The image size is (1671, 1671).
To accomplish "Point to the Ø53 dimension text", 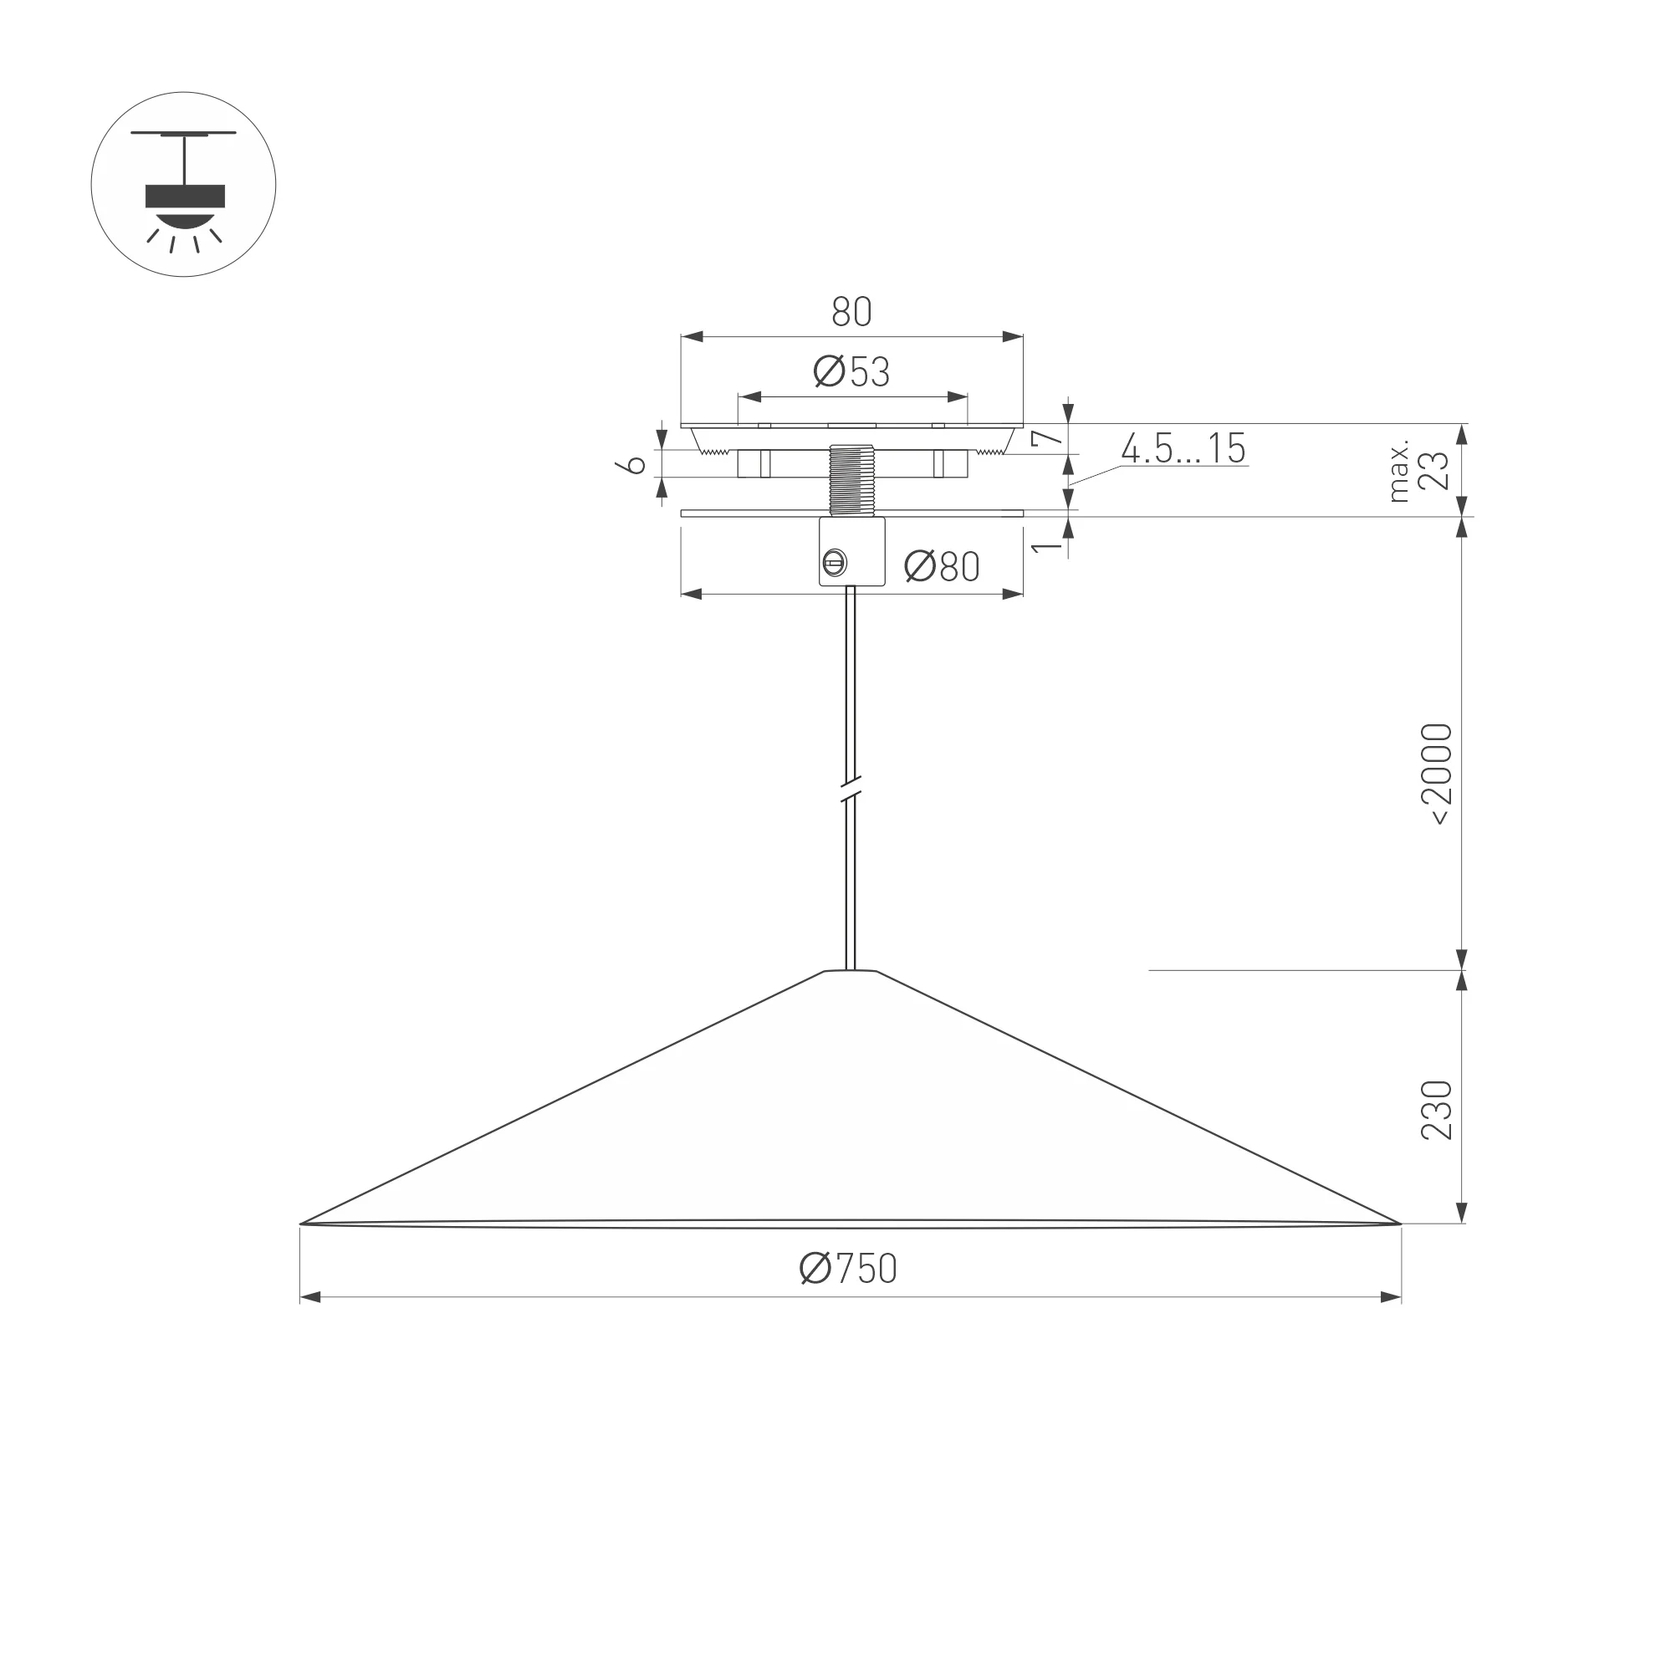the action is coord(852,372).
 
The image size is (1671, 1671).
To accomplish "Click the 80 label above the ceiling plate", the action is coord(852,312).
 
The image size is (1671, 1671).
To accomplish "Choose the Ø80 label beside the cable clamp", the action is coord(942,566).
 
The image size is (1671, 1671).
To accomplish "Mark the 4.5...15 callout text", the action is coord(1184,448).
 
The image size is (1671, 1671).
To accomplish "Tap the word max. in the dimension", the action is coord(1398,472).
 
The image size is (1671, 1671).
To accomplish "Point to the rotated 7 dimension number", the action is coord(1047,437).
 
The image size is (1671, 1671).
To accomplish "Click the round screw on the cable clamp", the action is coord(835,563).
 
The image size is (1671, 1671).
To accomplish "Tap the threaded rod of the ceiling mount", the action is coord(852,481).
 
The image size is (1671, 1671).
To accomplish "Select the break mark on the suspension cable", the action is coord(851,790).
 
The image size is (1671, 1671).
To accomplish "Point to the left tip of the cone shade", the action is coord(301,1224).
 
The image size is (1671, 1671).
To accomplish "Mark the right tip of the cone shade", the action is coord(1400,1224).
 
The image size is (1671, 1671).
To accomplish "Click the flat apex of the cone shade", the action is coord(851,971).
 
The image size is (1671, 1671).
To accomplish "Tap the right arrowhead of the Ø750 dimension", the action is coord(1390,1297).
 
